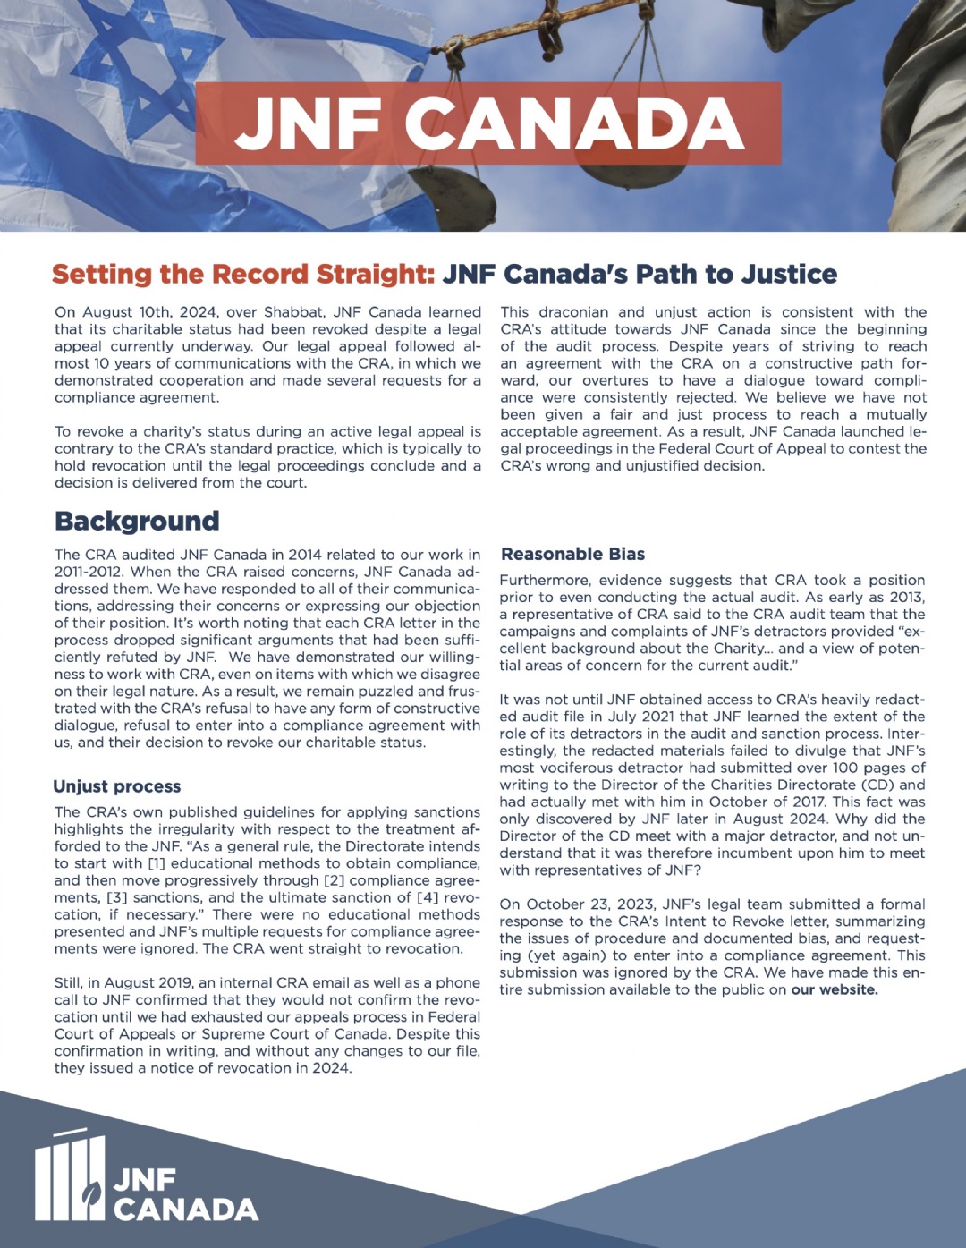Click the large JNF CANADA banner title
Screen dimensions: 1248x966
coord(488,123)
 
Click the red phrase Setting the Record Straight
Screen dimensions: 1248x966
coord(243,274)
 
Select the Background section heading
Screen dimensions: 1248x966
coord(137,521)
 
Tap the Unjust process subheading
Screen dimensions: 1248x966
coord(117,786)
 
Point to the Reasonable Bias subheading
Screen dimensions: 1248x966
coord(572,554)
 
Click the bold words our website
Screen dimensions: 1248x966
coord(834,989)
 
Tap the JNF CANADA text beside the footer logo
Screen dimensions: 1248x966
coord(185,1195)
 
